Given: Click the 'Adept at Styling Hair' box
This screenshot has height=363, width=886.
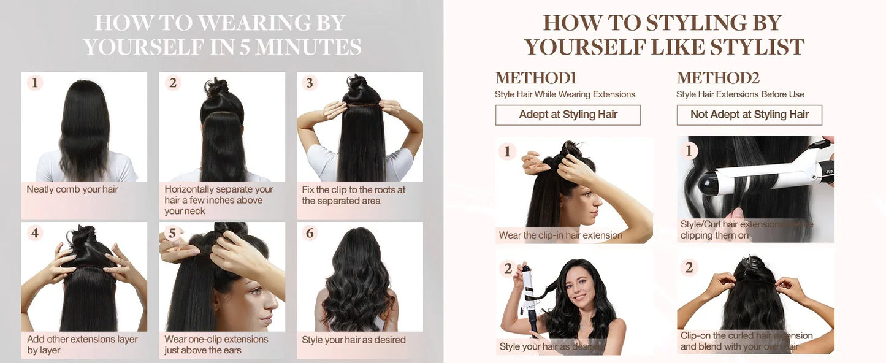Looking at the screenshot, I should (x=568, y=115).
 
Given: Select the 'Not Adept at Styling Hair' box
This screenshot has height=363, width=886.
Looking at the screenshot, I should (x=749, y=115).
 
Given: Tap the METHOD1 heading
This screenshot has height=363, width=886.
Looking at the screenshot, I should (x=535, y=78).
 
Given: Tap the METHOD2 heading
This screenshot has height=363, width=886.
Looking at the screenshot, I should (x=717, y=78).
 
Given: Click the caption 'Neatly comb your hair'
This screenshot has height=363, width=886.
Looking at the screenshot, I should (x=72, y=189).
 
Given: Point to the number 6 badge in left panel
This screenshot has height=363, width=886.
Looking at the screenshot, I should (x=310, y=233).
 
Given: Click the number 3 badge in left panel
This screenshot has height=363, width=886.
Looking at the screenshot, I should (x=310, y=83).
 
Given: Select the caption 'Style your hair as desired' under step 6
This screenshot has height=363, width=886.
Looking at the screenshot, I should (x=354, y=340).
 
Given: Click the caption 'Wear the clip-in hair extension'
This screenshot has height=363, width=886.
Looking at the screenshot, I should (x=560, y=235).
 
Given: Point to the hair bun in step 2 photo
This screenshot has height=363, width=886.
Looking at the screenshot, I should (x=216, y=89).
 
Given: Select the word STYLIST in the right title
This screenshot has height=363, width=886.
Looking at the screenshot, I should (x=757, y=47).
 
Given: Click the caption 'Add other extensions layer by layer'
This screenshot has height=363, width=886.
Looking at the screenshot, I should (x=82, y=345).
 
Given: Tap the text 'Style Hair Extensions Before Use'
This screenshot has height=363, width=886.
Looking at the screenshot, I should (x=740, y=94).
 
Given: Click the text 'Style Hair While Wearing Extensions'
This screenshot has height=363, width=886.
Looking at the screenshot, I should (x=565, y=94).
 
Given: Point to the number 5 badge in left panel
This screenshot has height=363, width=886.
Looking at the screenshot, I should (x=172, y=233).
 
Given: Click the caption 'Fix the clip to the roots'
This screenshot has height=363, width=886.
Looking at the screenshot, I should (x=354, y=195).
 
